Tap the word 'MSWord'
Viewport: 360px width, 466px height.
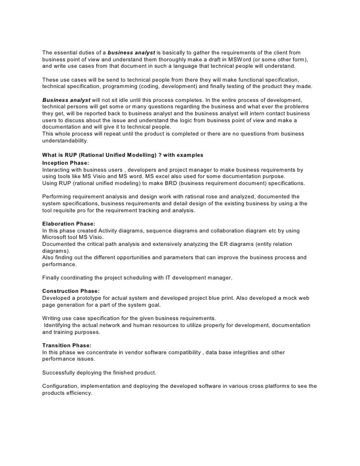(239, 59)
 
